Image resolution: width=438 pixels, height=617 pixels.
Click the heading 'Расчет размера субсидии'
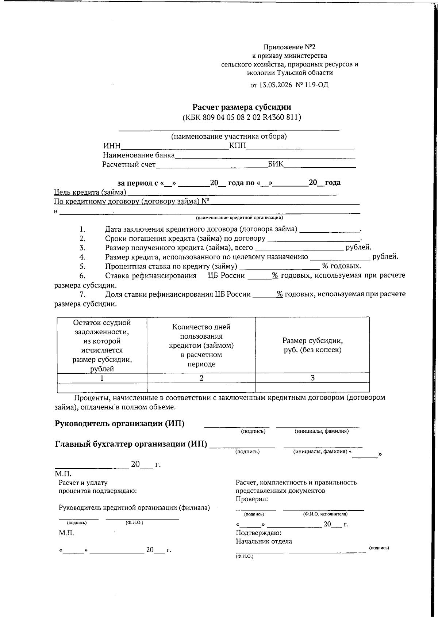(x=242, y=107)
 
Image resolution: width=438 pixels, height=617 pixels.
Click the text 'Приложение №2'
(x=289, y=47)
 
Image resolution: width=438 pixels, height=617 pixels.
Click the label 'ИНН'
(x=112, y=146)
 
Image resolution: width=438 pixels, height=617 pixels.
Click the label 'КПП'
(x=238, y=146)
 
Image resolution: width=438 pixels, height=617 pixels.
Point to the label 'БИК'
(x=276, y=164)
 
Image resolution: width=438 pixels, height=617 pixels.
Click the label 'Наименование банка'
(x=139, y=155)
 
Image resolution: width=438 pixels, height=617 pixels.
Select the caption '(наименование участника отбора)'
(x=229, y=137)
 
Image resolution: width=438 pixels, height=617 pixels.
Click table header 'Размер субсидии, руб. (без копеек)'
(x=312, y=345)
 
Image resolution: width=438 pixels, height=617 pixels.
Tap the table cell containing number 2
(x=201, y=378)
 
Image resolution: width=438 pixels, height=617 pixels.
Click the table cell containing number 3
(x=312, y=378)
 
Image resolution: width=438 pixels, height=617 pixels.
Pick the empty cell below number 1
(x=102, y=387)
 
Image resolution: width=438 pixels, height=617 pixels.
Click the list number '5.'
(x=82, y=266)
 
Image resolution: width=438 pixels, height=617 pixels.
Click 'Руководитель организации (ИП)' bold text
(x=119, y=423)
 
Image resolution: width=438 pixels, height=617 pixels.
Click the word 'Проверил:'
(x=252, y=499)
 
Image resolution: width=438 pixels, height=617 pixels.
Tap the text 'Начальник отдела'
(x=264, y=541)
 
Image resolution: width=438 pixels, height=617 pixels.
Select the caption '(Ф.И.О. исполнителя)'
(x=325, y=514)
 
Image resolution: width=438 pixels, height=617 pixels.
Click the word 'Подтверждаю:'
(x=258, y=533)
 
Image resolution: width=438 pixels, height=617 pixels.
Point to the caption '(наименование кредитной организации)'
(x=239, y=218)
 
